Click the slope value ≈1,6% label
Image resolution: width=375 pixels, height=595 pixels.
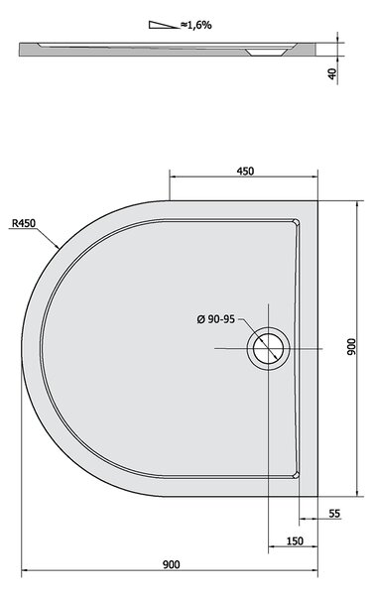195,26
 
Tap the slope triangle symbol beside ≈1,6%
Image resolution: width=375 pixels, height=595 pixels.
164,25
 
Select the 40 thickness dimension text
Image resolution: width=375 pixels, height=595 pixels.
332,73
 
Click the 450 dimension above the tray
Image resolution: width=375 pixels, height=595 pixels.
245,172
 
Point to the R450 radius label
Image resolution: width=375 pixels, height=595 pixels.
24,223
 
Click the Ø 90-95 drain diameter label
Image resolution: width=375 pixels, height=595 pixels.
216,319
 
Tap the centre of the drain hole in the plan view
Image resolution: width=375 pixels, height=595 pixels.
268,348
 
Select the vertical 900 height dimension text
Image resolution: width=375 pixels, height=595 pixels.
352,346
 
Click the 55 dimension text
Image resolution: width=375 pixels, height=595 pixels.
334,514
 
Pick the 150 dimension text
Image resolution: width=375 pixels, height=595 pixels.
295,541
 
